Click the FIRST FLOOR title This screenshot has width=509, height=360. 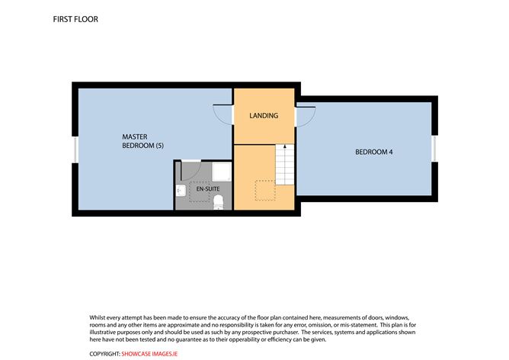pyautogui.click(x=75, y=19)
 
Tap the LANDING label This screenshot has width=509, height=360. pyautogui.click(x=264, y=115)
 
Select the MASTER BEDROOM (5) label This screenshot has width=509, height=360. pyautogui.click(x=142, y=141)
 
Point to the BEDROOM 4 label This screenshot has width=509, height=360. pyautogui.click(x=374, y=152)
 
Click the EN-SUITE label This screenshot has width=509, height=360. pyautogui.click(x=208, y=189)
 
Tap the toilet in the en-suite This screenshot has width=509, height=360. pyautogui.click(x=218, y=202)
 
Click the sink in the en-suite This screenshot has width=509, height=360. pyautogui.click(x=181, y=191)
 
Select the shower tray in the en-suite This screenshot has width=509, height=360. pyautogui.click(x=222, y=172)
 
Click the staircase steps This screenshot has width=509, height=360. pyautogui.click(x=285, y=165)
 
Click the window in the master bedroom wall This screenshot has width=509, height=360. pyautogui.click(x=75, y=149)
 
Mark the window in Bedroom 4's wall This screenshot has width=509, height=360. pyautogui.click(x=434, y=149)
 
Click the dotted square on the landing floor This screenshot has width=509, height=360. pyautogui.click(x=265, y=191)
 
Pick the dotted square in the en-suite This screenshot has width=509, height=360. pyautogui.click(x=199, y=191)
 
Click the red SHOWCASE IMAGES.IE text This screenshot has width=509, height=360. pyautogui.click(x=149, y=354)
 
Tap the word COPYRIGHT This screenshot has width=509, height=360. pyautogui.click(x=104, y=354)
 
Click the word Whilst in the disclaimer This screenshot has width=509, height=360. pyautogui.click(x=98, y=317)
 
